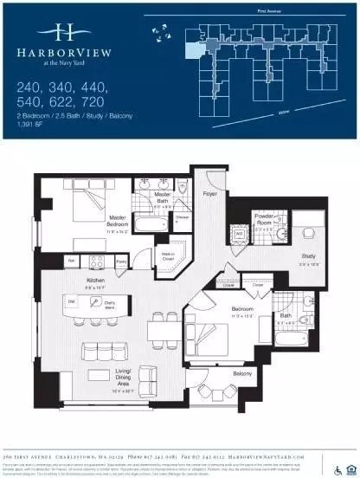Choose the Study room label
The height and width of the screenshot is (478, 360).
pyautogui.click(x=308, y=256)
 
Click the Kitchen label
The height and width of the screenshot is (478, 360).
pyautogui.click(x=96, y=281)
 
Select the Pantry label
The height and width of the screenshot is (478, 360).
pyautogui.click(x=121, y=261)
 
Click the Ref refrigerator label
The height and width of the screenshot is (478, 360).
pyautogui.click(x=72, y=261)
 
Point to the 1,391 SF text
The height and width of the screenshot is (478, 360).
pyautogui.click(x=33, y=126)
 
